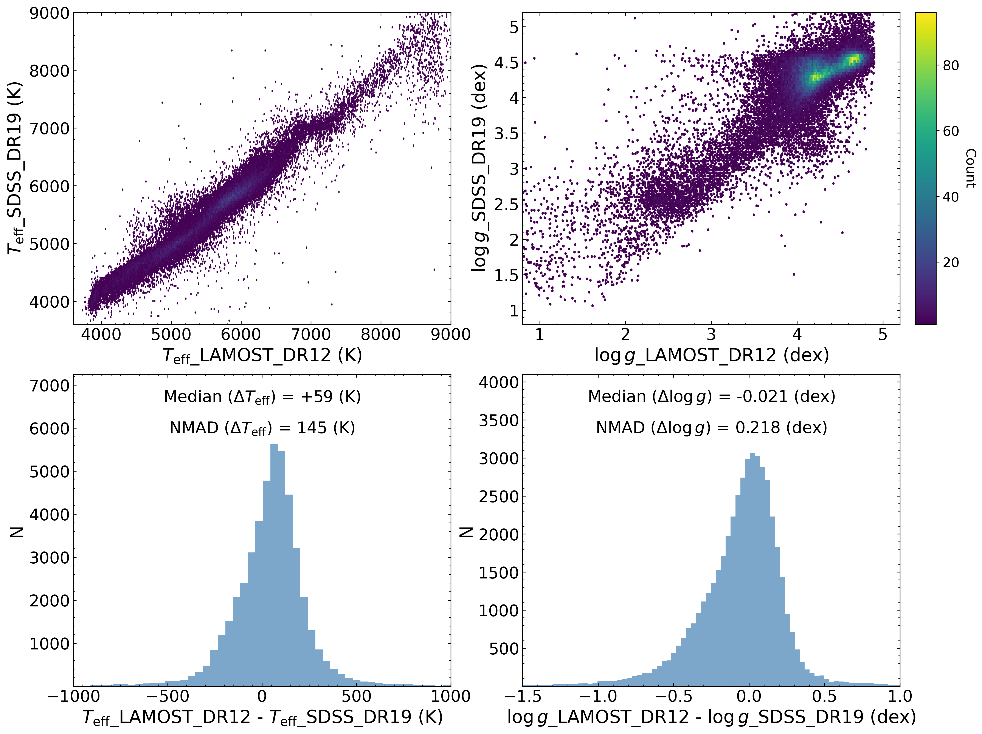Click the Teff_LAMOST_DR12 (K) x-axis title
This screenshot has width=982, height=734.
point(262,356)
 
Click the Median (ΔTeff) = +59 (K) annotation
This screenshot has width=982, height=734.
point(262,396)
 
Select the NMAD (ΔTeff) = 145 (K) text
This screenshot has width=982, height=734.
point(262,428)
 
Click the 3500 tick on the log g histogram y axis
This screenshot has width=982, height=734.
point(498,420)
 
